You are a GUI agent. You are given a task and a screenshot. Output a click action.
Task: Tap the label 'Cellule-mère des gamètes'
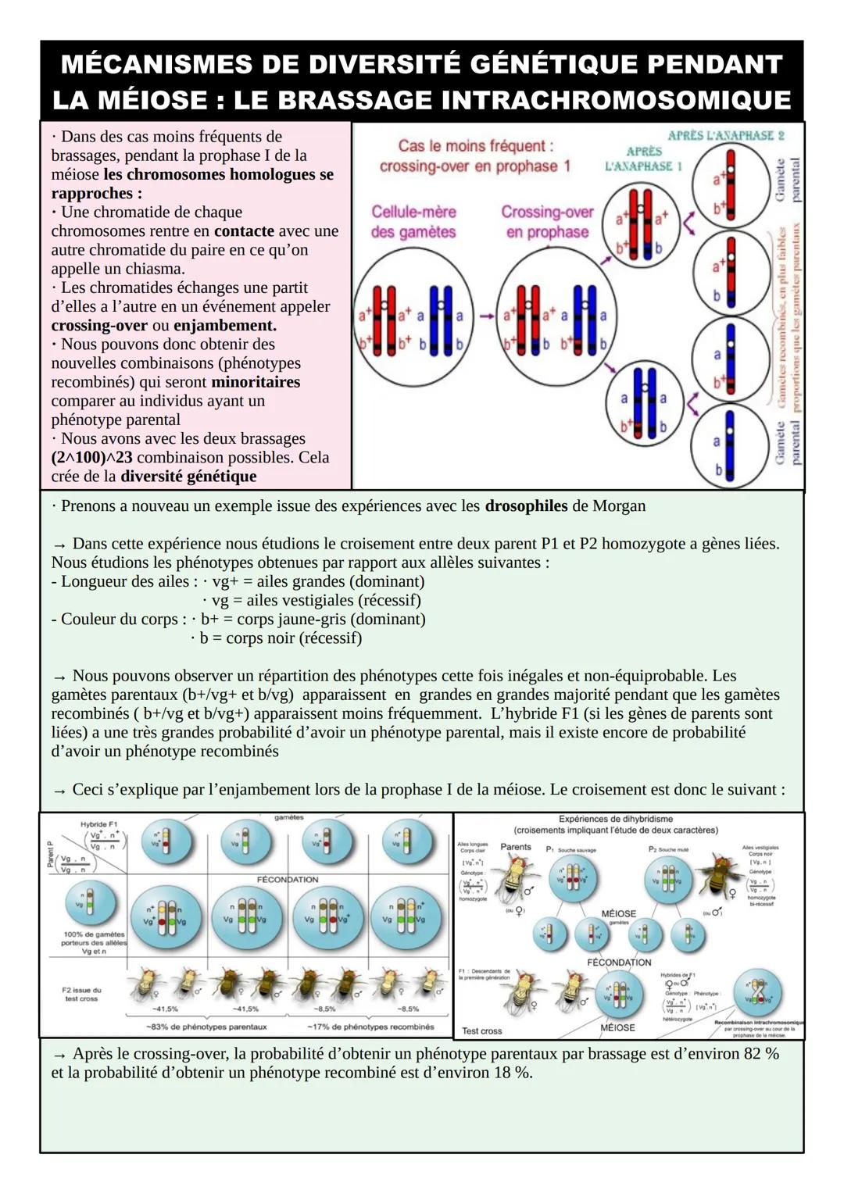point(413,222)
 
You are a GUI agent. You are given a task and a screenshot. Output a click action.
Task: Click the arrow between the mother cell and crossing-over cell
point(487,316)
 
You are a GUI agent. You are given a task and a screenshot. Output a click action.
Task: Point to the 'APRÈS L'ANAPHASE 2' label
point(726,135)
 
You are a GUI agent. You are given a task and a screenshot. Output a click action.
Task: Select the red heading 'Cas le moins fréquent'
point(475,146)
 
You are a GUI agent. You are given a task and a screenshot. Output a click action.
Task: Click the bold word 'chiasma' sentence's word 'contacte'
point(244,231)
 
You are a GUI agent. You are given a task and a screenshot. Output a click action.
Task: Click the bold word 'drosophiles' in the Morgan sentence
point(526,506)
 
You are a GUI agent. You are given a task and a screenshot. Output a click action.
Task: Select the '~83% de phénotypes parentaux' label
point(206,1027)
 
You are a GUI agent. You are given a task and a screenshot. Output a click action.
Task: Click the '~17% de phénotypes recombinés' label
point(370,1027)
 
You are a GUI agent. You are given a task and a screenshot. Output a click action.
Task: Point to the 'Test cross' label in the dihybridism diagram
point(482,1031)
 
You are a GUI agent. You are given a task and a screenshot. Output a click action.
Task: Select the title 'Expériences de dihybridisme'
point(616,819)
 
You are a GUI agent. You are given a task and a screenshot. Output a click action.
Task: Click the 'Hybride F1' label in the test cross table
point(98,824)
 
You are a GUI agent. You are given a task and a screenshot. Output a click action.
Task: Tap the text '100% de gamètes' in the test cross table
point(94,934)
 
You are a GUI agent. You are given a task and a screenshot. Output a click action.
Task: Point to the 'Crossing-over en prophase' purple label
point(547,222)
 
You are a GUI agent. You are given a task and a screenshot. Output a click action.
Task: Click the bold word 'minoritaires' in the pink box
point(256,382)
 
